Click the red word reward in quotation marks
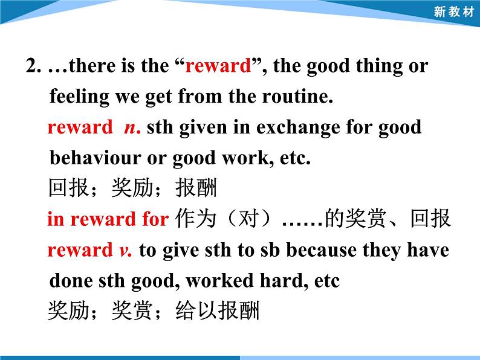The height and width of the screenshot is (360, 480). click(x=218, y=66)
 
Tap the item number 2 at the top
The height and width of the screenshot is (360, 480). click(x=32, y=66)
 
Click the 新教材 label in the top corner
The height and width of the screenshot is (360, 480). click(x=454, y=12)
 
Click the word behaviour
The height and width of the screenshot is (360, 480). click(x=90, y=158)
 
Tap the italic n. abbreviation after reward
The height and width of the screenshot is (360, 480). click(x=132, y=127)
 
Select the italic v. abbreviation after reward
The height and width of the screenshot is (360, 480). click(x=126, y=250)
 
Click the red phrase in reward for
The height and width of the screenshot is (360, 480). click(x=108, y=219)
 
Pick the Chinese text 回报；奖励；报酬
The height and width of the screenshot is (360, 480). click(x=132, y=189)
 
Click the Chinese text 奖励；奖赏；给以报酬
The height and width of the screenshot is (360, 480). click(x=154, y=312)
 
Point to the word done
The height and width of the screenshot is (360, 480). click(x=69, y=281)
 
